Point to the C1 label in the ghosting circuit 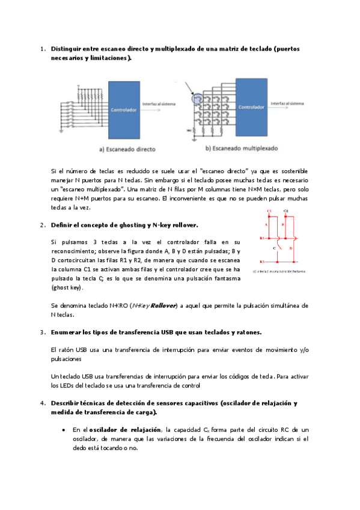pos(269,211)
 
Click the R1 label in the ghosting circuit pos(262,238)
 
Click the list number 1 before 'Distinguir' pos(41,48)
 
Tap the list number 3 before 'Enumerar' pos(41,332)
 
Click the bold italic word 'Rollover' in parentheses pos(163,306)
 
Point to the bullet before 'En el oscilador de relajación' pos(64,430)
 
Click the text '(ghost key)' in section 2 pos(69,287)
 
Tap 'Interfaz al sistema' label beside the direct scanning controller pos(159,105)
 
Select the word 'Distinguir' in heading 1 pos(69,48)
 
